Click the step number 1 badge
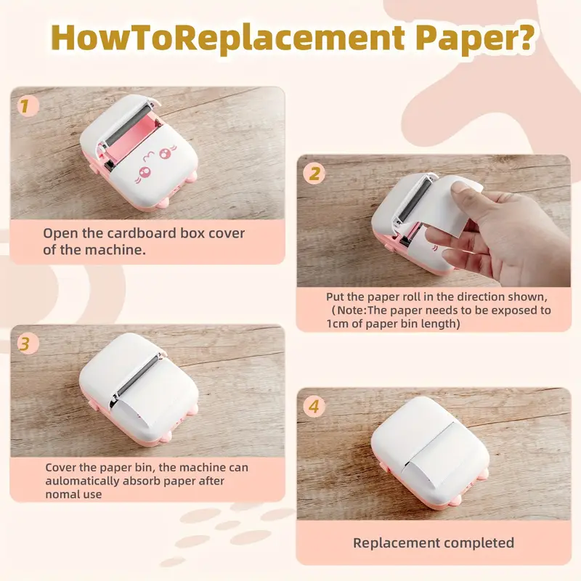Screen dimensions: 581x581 (x=28, y=105)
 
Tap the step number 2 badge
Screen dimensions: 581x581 (x=314, y=174)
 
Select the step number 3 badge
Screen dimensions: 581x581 (x=28, y=343)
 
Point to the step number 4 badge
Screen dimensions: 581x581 (x=314, y=406)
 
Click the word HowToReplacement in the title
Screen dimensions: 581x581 (x=227, y=38)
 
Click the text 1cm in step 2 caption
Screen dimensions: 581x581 (x=337, y=323)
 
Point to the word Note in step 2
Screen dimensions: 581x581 (x=351, y=310)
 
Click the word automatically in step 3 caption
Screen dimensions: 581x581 (x=82, y=481)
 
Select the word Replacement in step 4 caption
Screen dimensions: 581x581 (x=396, y=543)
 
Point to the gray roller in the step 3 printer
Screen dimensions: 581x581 (x=137, y=376)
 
